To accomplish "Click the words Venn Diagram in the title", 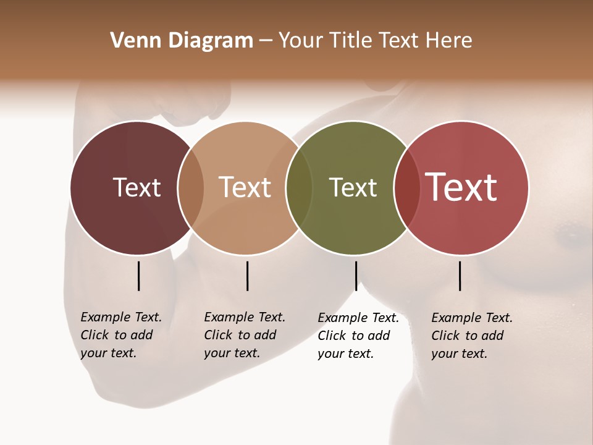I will click(x=182, y=41).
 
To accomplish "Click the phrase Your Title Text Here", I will click(x=375, y=41).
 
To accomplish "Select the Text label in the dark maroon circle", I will click(x=137, y=187).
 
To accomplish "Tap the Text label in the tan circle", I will click(x=245, y=187).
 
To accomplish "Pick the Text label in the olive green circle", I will click(x=353, y=187).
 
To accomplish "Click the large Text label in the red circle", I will click(x=461, y=187).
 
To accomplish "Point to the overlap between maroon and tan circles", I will click(x=191, y=187).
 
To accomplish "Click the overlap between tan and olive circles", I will click(x=299, y=187).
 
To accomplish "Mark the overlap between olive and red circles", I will click(x=406, y=187).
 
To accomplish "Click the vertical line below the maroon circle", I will click(x=138, y=276).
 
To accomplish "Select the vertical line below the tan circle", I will click(x=247, y=276).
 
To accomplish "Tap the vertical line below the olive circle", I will click(x=356, y=276).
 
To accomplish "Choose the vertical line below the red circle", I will click(x=460, y=276).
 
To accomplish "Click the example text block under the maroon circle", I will click(x=120, y=335).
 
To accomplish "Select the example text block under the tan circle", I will click(x=244, y=335).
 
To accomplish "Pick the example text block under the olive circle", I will click(x=358, y=336).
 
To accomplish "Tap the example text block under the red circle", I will click(x=471, y=336).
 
